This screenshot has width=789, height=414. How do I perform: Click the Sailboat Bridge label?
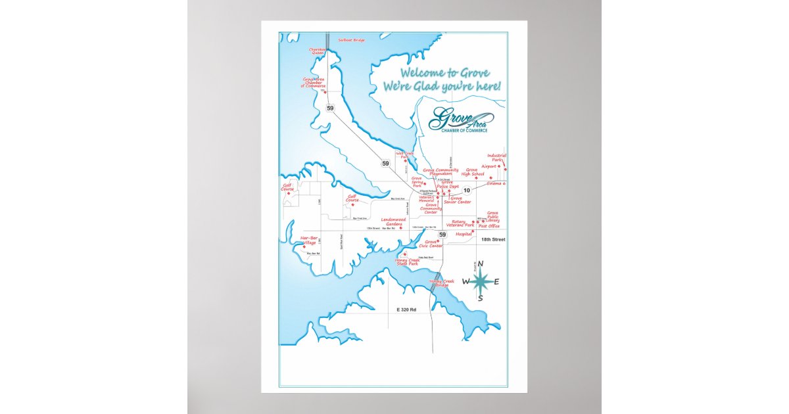pyautogui.click(x=351, y=40)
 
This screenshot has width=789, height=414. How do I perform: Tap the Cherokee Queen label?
pyautogui.click(x=318, y=51)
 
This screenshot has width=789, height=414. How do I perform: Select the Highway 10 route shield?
pyautogui.click(x=467, y=191)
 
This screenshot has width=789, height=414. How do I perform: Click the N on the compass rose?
pyautogui.click(x=481, y=264)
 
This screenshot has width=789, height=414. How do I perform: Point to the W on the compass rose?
pyautogui.click(x=466, y=282)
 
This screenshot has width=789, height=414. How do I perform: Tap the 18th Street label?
pyautogui.click(x=493, y=240)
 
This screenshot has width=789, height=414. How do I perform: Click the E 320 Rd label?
pyautogui.click(x=406, y=309)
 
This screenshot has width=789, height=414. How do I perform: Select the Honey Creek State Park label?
pyautogui.click(x=407, y=262)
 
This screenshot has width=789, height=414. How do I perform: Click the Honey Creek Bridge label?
pyautogui.click(x=441, y=283)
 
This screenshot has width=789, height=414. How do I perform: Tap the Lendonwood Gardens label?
pyautogui.click(x=393, y=221)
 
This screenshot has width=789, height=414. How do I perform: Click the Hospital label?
pyautogui.click(x=464, y=233)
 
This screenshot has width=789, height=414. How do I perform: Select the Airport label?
pyautogui.click(x=489, y=166)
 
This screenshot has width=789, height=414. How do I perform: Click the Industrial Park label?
pyautogui.click(x=496, y=158)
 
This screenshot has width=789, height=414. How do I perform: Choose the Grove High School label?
pyautogui.click(x=473, y=172)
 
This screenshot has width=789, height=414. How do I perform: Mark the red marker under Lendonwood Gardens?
pyautogui.click(x=400, y=228)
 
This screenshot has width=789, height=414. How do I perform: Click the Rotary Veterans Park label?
pyautogui.click(x=463, y=223)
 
